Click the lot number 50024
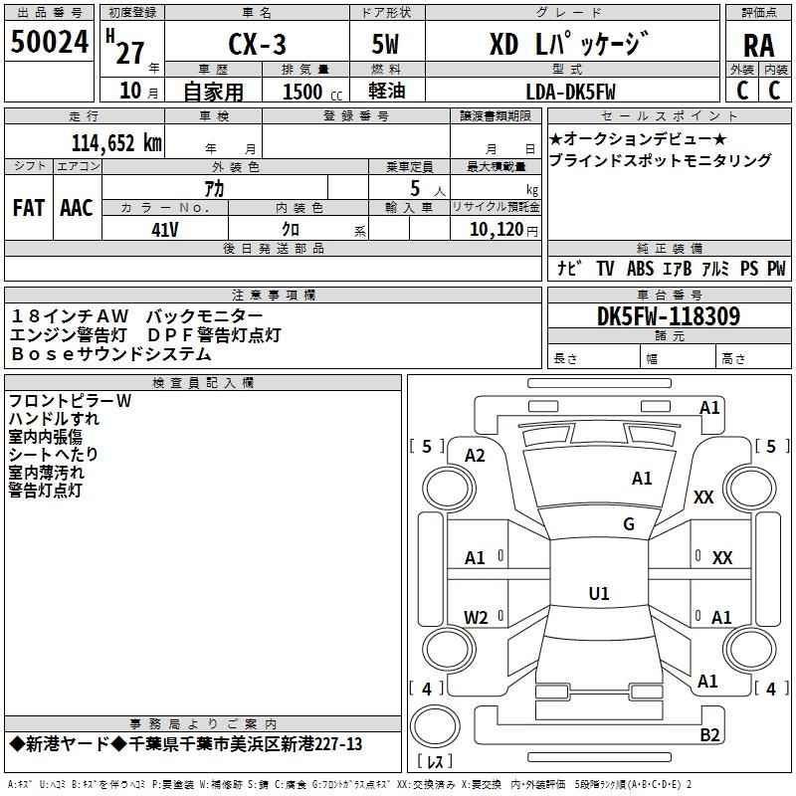pyautogui.click(x=50, y=42)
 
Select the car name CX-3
pyautogui.click(x=258, y=44)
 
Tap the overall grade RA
pyautogui.click(x=759, y=46)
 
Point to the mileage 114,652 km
pyautogui.click(x=116, y=143)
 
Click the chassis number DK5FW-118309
pyautogui.click(x=669, y=315)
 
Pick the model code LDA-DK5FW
pyautogui.click(x=570, y=92)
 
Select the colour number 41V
pyautogui.click(x=165, y=230)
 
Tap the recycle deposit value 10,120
pyautogui.click(x=497, y=230)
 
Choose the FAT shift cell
pyautogui.click(x=29, y=208)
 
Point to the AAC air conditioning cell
pyautogui.click(x=77, y=208)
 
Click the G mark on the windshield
pyautogui.click(x=629, y=523)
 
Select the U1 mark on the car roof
pyautogui.click(x=599, y=593)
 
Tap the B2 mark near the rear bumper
pyautogui.click(x=709, y=734)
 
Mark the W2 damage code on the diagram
pyautogui.click(x=476, y=617)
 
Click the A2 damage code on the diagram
pyautogui.click(x=475, y=456)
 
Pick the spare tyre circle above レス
pyautogui.click(x=435, y=726)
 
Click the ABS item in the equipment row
pyautogui.click(x=640, y=268)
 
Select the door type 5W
pyautogui.click(x=385, y=44)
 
